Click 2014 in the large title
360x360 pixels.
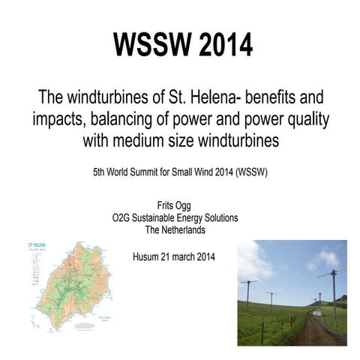pos(222,45)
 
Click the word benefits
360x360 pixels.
pos(263,97)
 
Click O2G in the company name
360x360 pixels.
pos(122,217)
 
